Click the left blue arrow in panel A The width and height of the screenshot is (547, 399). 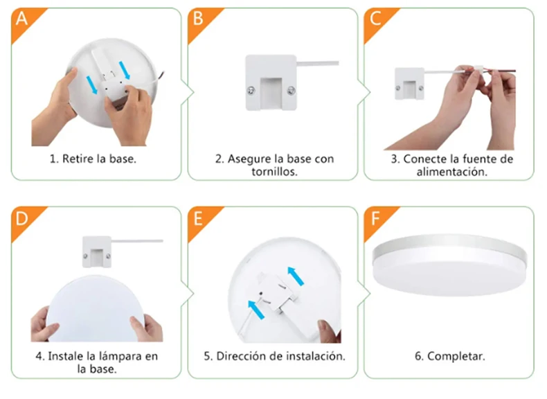coord(92,85)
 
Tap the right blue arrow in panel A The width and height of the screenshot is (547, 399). coord(125,71)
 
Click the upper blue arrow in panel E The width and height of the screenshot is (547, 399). coord(296,276)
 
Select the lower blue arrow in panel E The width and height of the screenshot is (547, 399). coord(256,310)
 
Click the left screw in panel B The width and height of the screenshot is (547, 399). coord(251,91)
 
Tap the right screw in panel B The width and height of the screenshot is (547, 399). coord(292,91)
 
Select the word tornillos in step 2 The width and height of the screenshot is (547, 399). coord(274,172)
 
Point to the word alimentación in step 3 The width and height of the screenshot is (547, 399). coord(451,172)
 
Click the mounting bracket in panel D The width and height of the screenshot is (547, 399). coord(97,252)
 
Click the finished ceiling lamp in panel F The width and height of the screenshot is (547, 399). coord(449,265)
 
